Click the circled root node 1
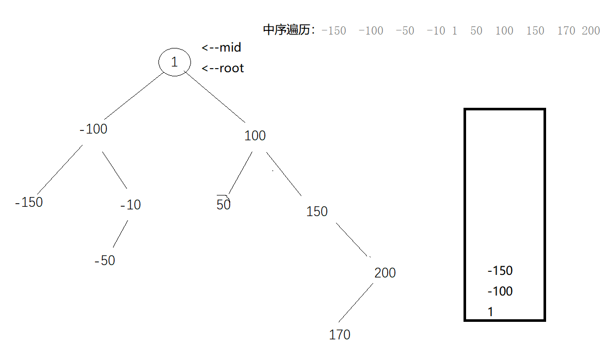(x=174, y=62)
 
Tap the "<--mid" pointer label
(x=221, y=48)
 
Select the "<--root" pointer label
(x=222, y=68)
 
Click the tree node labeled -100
(x=93, y=129)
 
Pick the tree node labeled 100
(x=255, y=136)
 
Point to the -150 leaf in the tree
(x=29, y=202)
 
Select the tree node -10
(x=130, y=205)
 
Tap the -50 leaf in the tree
(x=105, y=261)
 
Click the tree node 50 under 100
(x=223, y=205)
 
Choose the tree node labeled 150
(x=317, y=211)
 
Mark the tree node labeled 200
(x=385, y=273)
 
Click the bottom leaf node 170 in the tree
(x=340, y=335)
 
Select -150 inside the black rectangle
(x=500, y=271)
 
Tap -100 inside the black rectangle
(x=500, y=291)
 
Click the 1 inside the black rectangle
(x=490, y=312)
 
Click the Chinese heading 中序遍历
(x=289, y=30)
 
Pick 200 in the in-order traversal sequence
(x=590, y=31)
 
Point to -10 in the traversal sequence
(x=436, y=31)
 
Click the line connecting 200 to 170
(x=355, y=303)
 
